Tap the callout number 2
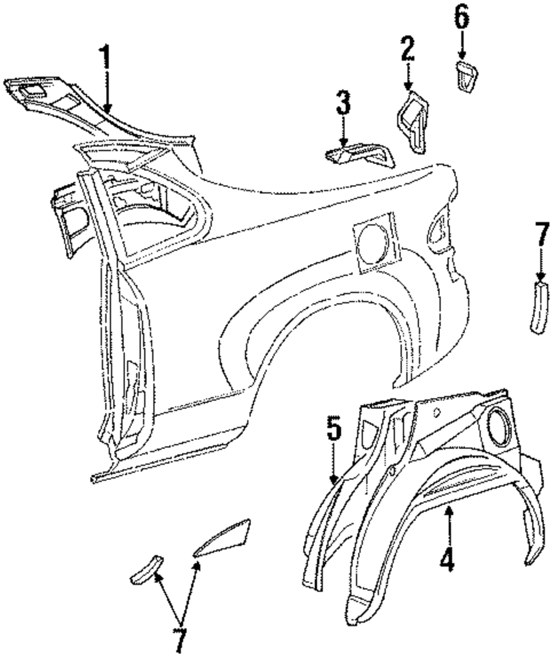408,49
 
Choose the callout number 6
461,19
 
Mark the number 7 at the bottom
179,641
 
